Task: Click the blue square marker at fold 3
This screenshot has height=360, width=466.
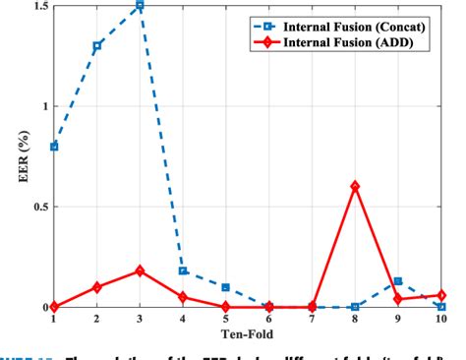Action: pos(140,5)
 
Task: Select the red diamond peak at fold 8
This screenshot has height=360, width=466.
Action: pos(355,186)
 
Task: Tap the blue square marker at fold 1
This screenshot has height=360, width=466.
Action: pos(53,146)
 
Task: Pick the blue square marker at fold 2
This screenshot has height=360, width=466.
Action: pos(96,45)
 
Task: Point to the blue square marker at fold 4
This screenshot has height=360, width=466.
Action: pos(183,270)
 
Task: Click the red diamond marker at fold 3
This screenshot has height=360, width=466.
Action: pos(140,270)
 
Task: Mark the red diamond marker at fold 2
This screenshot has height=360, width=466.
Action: pos(96,287)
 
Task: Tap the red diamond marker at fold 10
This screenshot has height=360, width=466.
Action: pos(441,295)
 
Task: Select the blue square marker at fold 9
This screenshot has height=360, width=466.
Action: pos(398,281)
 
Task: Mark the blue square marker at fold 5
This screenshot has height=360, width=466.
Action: pos(226,287)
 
